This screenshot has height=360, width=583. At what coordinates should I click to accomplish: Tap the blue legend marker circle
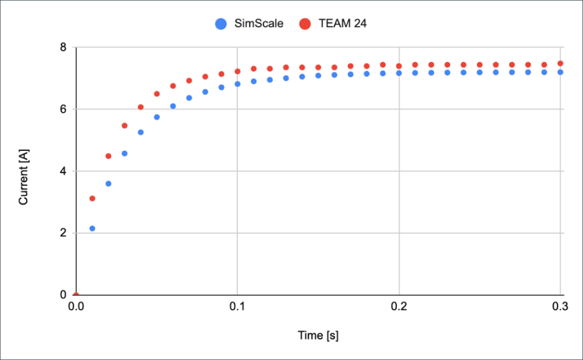(x=220, y=24)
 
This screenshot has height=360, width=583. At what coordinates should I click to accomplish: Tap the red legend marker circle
(x=305, y=24)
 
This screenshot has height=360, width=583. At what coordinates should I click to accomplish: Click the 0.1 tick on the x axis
(x=237, y=306)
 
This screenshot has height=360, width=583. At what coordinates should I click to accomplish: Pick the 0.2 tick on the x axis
(x=399, y=306)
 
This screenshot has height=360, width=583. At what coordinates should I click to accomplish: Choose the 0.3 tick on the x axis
(x=560, y=306)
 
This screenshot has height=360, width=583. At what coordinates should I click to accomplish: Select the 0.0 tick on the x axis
(x=76, y=306)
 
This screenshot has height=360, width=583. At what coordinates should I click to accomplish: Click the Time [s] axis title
(x=318, y=336)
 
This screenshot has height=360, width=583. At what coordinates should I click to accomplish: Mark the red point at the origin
(x=76, y=295)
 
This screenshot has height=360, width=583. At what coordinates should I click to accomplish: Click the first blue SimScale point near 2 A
(x=92, y=228)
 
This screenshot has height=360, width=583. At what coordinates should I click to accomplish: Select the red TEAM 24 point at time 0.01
(x=92, y=198)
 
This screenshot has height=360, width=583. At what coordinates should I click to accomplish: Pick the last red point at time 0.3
(x=561, y=63)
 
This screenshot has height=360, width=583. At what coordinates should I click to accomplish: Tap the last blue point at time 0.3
(x=561, y=72)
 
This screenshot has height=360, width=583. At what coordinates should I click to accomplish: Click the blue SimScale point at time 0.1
(x=237, y=84)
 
